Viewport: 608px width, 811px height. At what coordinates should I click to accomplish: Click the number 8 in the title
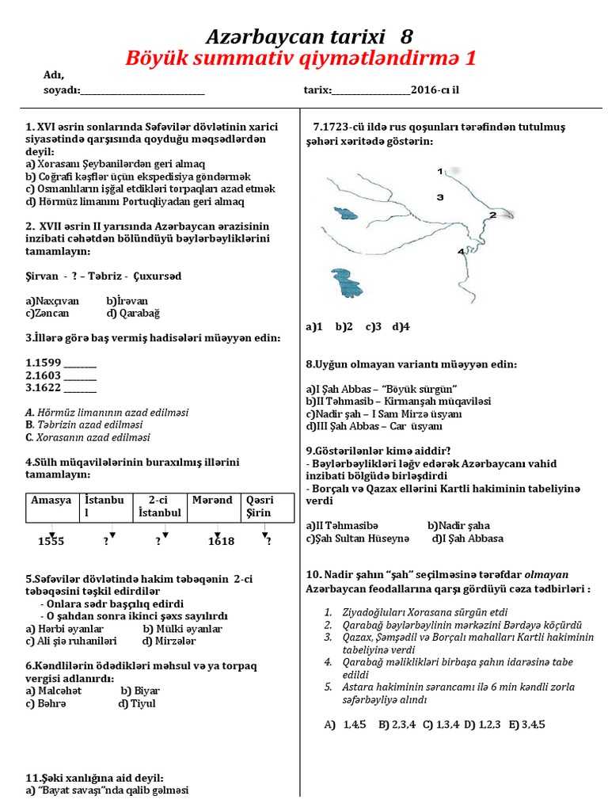[x=405, y=36]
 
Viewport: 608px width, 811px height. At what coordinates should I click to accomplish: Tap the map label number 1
[x=440, y=170]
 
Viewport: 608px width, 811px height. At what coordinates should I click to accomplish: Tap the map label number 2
[x=492, y=215]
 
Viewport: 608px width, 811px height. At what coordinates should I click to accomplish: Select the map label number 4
[x=462, y=251]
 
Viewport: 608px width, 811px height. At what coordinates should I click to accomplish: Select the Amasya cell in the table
[x=51, y=501]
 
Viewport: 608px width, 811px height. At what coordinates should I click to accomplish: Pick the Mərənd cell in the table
[x=212, y=501]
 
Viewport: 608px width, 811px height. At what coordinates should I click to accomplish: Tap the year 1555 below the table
[x=51, y=543]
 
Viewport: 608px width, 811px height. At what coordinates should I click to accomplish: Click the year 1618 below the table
[x=221, y=543]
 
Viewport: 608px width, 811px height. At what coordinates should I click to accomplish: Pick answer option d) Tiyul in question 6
[x=137, y=703]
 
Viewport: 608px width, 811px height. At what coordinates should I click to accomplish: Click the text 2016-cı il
[x=435, y=89]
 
